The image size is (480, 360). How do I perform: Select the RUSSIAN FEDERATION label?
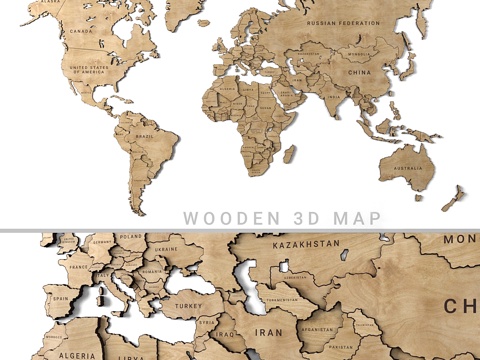click(x=344, y=22)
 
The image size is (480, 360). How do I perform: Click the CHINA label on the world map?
click(x=358, y=72)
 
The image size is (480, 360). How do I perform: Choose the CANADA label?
click(x=81, y=30)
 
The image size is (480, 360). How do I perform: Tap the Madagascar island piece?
click(x=290, y=152)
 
